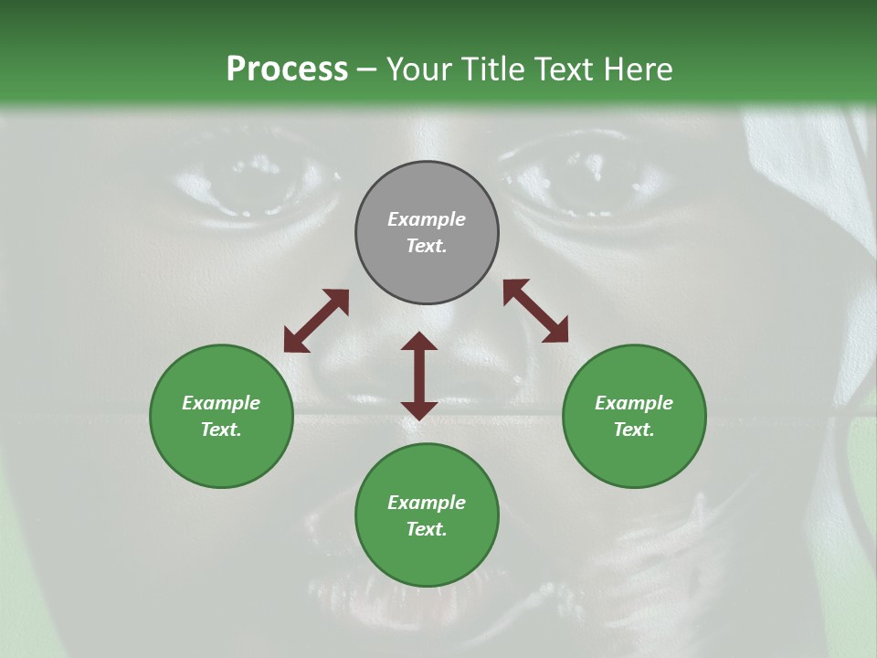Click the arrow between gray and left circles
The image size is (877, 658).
pyautogui.click(x=316, y=321)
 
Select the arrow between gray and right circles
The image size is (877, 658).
pyautogui.click(x=535, y=311)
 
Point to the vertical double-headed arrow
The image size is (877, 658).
pyautogui.click(x=419, y=376)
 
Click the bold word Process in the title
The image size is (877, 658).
pyautogui.click(x=287, y=69)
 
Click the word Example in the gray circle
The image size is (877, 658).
pyautogui.click(x=427, y=219)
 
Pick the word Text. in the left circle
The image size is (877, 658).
pyautogui.click(x=221, y=430)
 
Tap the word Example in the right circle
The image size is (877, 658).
pyautogui.click(x=634, y=403)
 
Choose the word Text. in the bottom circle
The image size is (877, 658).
pyautogui.click(x=427, y=529)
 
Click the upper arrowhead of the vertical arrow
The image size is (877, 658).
pyautogui.click(x=419, y=342)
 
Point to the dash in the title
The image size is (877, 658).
pyautogui.click(x=367, y=69)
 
